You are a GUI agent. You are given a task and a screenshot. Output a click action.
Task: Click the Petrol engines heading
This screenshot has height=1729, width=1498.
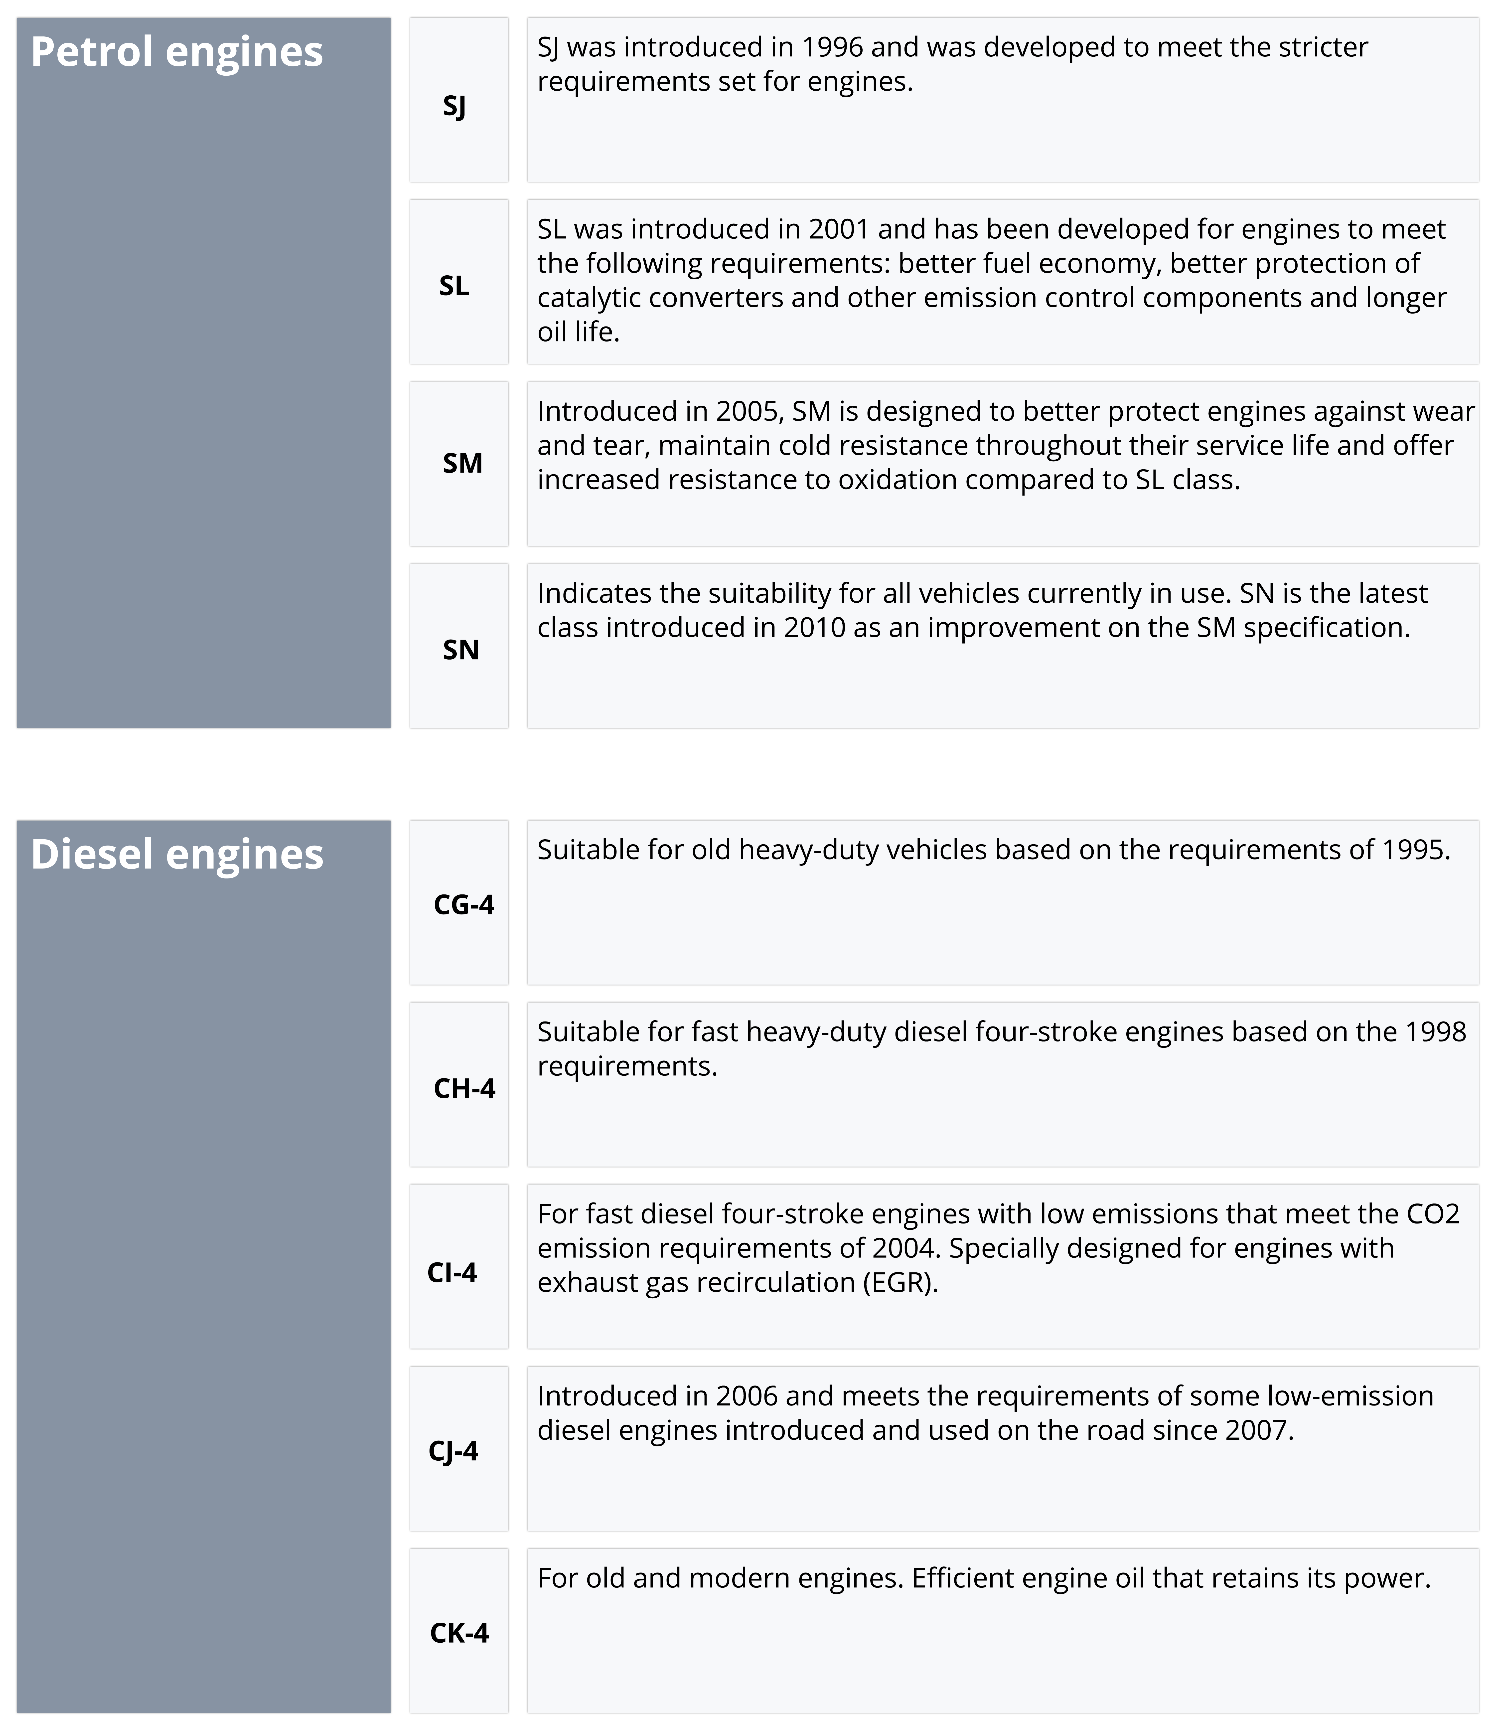pyautogui.click(x=176, y=52)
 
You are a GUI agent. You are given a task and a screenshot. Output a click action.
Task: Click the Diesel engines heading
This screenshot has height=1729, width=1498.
pyautogui.click(x=176, y=855)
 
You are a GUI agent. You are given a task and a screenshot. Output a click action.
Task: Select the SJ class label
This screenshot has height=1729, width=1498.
pyautogui.click(x=454, y=106)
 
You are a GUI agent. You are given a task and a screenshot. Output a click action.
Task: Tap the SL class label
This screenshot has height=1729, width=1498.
pyautogui.click(x=454, y=286)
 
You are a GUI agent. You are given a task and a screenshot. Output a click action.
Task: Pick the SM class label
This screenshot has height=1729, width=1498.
pyautogui.click(x=462, y=463)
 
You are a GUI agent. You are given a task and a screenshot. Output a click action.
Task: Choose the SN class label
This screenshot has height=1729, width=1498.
pyautogui.click(x=460, y=650)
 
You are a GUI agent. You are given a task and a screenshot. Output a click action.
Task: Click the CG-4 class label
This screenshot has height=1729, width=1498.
pyautogui.click(x=464, y=905)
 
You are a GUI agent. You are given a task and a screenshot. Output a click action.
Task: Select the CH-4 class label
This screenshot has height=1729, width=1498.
pyautogui.click(x=464, y=1089)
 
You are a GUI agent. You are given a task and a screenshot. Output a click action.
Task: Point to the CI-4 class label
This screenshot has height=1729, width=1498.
pyautogui.click(x=452, y=1272)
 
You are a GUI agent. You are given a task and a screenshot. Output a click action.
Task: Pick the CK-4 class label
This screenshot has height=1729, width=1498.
pyautogui.click(x=459, y=1633)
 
